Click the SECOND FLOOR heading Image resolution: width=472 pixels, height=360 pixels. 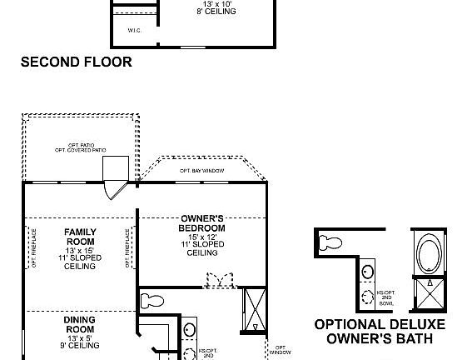pos(76,62)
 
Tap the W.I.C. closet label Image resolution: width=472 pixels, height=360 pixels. pos(134,31)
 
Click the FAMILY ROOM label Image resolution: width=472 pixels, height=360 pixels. pos(81,237)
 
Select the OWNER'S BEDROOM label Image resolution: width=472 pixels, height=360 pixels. pos(201,223)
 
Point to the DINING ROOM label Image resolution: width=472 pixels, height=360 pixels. pos(80,324)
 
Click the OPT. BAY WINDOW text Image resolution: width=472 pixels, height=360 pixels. pos(201,171)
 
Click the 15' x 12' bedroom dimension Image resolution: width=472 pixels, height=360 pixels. pos(201,236)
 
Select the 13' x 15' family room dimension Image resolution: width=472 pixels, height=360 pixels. pos(81,250)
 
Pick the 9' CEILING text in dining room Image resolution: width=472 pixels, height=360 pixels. pos(80,345)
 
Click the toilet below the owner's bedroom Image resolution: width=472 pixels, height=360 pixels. pos(152,301)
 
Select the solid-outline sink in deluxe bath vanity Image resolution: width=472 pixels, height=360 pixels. pos(368,271)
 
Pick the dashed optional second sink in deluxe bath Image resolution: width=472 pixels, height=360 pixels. pos(367,298)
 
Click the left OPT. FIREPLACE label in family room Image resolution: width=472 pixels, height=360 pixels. pos(34,248)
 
